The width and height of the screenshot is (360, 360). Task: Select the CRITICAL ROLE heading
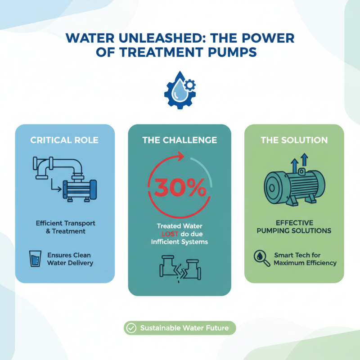(x=65, y=140)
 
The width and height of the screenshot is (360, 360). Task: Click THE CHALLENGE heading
(x=180, y=140)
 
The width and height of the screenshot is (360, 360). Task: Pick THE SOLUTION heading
(x=294, y=140)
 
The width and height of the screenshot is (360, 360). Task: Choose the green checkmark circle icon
(x=131, y=328)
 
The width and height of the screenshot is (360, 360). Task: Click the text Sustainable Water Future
(x=184, y=328)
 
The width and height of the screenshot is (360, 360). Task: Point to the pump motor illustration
(x=294, y=183)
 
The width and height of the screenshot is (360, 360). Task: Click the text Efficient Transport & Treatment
(x=66, y=227)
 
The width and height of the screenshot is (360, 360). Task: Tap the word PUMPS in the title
(x=234, y=53)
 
